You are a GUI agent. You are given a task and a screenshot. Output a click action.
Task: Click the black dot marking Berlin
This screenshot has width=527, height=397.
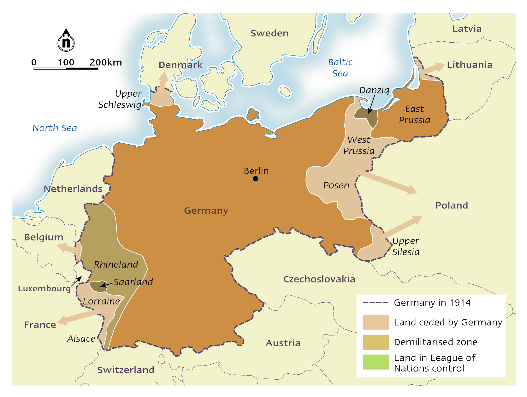256,179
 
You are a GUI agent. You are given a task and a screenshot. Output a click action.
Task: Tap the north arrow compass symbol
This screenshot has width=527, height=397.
66,41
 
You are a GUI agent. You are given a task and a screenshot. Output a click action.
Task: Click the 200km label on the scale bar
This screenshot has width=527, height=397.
105,62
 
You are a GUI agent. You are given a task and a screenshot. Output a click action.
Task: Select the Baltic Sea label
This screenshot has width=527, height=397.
340,68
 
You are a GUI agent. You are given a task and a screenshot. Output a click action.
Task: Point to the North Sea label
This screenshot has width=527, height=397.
55,128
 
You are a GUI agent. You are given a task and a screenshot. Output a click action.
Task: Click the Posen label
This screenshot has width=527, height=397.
336,185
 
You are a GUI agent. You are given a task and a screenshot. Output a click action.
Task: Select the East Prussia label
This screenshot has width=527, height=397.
414,114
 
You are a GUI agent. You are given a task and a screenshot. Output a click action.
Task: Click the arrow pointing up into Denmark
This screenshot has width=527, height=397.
163,83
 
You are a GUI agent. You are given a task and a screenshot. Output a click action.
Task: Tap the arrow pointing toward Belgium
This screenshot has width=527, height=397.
68,248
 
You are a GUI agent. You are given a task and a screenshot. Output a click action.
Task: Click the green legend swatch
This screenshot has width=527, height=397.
376,362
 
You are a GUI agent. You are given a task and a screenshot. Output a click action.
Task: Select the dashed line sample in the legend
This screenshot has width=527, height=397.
375,303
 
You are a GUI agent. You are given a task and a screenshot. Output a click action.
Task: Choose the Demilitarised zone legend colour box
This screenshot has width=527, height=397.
376,342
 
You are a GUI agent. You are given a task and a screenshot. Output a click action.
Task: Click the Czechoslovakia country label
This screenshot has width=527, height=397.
319,279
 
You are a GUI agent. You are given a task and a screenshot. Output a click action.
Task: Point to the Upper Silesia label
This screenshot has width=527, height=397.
406,246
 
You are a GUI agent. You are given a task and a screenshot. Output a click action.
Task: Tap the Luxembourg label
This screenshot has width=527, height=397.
44,288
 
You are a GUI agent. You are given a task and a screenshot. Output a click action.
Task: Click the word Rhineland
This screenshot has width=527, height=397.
116,264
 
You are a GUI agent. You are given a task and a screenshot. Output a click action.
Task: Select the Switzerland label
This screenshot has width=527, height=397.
126,370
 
